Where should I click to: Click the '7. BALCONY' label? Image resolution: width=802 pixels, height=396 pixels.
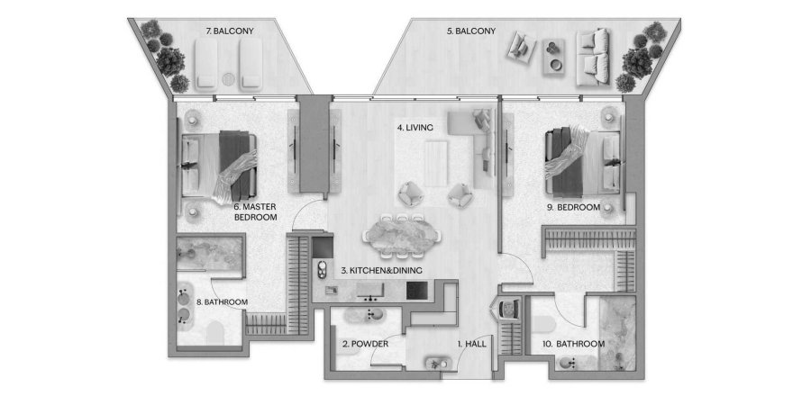coord(230,31)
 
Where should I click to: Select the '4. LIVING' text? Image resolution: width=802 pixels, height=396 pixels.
coord(415,128)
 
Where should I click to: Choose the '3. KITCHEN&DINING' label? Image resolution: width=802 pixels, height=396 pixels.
coord(381,270)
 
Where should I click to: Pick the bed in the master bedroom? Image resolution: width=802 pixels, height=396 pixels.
coord(222,166)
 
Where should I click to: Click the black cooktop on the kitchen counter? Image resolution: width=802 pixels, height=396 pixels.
coord(418,290)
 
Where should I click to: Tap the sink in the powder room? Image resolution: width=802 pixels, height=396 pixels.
coord(371,315)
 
